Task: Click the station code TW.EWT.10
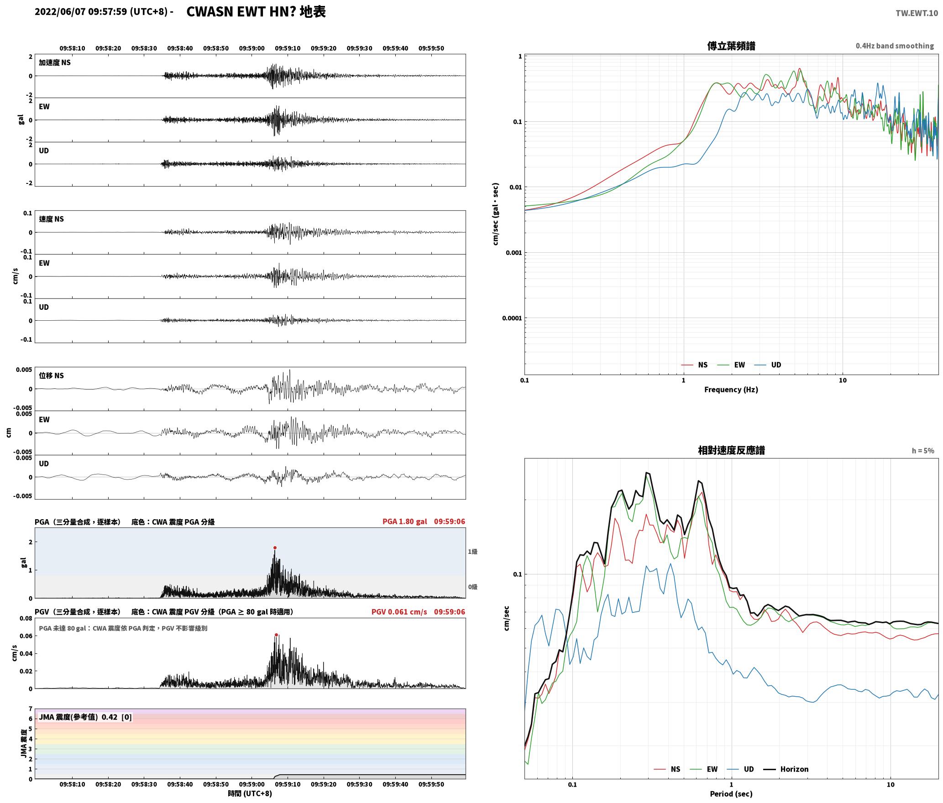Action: (x=917, y=13)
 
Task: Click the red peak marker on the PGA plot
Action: (x=275, y=547)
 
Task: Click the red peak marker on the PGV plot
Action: (x=276, y=635)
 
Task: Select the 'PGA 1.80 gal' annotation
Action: (x=404, y=521)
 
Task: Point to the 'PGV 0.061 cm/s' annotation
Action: (x=399, y=612)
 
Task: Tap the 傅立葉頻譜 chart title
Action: (x=731, y=46)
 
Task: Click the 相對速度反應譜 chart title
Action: (x=731, y=450)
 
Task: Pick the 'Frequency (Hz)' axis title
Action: (x=731, y=390)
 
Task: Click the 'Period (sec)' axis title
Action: (x=731, y=794)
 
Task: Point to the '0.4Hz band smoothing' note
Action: (x=895, y=46)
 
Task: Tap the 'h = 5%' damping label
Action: (x=923, y=451)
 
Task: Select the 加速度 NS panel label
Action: (x=55, y=63)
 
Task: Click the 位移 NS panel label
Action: (x=51, y=375)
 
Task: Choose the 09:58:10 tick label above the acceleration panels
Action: (x=72, y=48)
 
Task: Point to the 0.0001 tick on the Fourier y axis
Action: (x=512, y=318)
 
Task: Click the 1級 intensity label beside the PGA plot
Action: (x=472, y=552)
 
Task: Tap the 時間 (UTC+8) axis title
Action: (x=250, y=793)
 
